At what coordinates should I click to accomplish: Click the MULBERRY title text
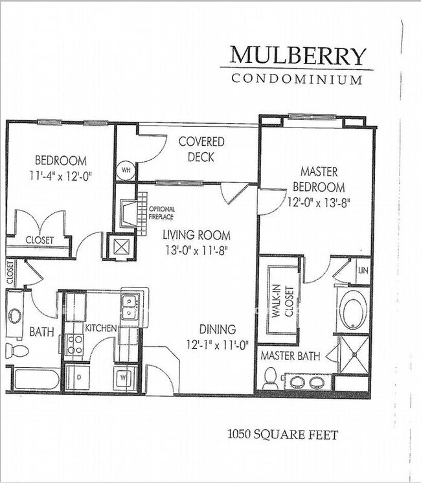298,56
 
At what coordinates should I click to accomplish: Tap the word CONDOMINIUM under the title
297,79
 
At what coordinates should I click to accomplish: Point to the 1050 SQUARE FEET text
282,434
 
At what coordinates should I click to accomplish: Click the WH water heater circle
126,170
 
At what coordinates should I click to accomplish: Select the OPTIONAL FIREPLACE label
161,213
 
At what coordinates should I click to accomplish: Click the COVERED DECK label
201,150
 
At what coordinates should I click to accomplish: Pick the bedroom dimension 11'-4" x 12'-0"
61,177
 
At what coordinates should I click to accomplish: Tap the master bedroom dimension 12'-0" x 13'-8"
319,203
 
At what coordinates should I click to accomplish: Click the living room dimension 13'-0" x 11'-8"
196,251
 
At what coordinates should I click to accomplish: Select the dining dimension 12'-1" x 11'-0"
217,344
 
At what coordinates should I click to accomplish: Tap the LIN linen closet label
363,271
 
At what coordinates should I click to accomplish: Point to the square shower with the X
354,355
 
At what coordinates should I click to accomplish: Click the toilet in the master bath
270,377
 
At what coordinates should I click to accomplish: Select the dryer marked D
78,377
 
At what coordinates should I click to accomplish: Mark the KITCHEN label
101,328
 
